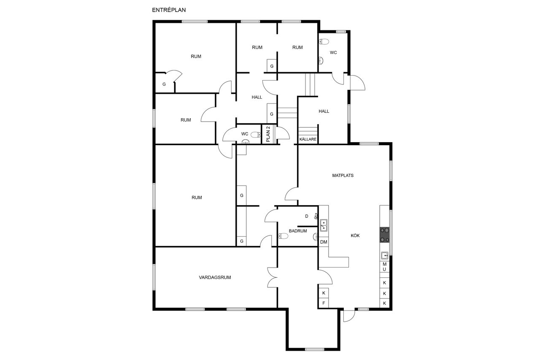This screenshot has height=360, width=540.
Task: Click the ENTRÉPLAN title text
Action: click(x=169, y=10)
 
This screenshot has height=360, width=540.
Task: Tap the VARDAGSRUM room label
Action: click(x=215, y=277)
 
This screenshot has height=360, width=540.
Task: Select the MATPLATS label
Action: click(x=343, y=175)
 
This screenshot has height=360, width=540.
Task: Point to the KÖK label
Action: click(x=355, y=235)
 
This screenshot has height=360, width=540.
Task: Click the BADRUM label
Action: click(x=298, y=231)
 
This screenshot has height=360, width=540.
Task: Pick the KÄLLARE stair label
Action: click(x=308, y=139)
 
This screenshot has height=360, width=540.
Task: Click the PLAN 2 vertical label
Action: click(x=268, y=134)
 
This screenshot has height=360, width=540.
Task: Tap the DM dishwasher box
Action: click(x=324, y=242)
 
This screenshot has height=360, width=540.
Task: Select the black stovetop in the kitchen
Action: click(x=384, y=235)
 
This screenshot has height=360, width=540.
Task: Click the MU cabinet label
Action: click(x=384, y=267)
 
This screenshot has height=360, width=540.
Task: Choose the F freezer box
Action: click(x=324, y=303)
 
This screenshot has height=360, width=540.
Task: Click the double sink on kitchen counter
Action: click(x=324, y=225)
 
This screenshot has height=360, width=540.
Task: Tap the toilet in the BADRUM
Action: click(x=283, y=235)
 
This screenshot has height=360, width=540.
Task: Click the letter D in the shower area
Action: click(x=307, y=216)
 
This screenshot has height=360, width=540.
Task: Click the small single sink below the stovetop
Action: click(x=384, y=255)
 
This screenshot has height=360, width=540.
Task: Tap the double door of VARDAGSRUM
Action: click(x=273, y=277)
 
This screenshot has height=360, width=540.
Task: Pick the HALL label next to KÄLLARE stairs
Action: click(x=324, y=111)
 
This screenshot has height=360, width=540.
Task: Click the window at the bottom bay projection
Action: click(x=314, y=349)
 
